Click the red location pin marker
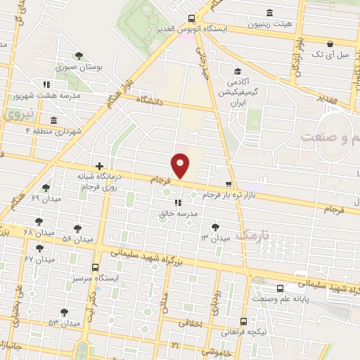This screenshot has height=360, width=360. [x=182, y=165]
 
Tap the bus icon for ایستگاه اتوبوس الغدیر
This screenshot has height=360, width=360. [x=192, y=19]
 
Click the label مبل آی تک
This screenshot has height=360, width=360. [x=326, y=53]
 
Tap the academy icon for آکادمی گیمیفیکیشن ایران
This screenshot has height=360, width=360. [x=238, y=72]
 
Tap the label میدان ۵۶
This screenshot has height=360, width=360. [x=77, y=240]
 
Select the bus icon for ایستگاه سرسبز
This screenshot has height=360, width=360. [x=95, y=267]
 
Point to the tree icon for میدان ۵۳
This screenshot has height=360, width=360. [x=64, y=311]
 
